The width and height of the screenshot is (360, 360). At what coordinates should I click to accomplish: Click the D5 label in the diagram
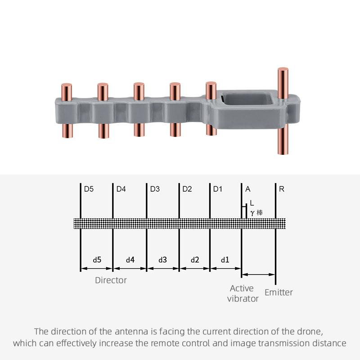[x=89, y=189]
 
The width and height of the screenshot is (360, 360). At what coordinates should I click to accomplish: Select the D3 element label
[x=155, y=189]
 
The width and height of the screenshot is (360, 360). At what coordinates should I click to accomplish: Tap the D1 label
[x=218, y=189]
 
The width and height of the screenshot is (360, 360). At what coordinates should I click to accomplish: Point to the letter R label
[x=282, y=189]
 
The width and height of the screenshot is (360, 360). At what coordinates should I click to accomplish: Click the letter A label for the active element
[x=248, y=189]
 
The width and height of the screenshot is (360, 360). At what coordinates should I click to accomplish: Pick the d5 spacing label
[x=97, y=260]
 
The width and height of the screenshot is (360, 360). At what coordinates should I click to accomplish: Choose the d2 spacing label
[x=195, y=260]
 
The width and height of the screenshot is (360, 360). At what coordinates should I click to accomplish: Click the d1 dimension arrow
[x=225, y=268]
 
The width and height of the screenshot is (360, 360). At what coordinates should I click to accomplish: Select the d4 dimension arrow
[x=130, y=268]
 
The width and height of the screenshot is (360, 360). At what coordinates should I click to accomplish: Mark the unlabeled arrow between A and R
[x=258, y=274]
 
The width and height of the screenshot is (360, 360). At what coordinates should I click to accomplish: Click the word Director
[x=111, y=280]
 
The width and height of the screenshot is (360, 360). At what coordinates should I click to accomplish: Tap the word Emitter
[x=279, y=292]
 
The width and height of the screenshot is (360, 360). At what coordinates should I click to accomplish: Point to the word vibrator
[x=243, y=299]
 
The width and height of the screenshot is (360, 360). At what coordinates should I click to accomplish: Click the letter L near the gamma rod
[x=252, y=203]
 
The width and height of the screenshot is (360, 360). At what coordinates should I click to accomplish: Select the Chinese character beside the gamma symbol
[x=260, y=213]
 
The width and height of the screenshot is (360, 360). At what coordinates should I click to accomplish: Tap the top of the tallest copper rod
[x=283, y=69]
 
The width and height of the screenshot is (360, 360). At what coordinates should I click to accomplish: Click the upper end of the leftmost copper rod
[x=67, y=85]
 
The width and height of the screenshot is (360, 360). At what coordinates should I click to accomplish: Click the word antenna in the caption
[x=131, y=332]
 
